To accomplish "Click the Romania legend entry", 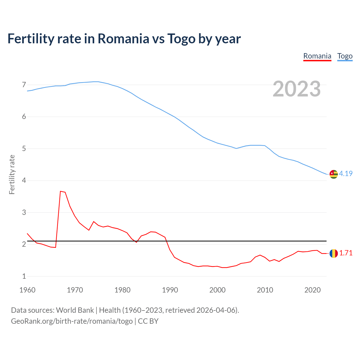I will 317,56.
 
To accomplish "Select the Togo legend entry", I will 345,56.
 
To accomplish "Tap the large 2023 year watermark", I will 297,89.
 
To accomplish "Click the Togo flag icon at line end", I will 334,174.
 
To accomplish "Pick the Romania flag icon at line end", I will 334,253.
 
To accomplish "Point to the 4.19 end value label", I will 346,174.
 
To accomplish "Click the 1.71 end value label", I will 346,253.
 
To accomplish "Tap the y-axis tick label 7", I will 24,85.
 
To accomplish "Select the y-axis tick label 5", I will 24,148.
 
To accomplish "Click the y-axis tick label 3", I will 24,212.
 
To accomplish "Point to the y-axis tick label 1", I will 24,276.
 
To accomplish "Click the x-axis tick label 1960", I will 27,290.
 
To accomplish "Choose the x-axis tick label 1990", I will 170,290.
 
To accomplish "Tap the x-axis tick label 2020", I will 312,290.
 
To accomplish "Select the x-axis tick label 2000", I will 217,290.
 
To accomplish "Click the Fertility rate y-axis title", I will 12,174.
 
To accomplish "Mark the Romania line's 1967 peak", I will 60,191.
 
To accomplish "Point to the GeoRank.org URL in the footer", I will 72,321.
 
